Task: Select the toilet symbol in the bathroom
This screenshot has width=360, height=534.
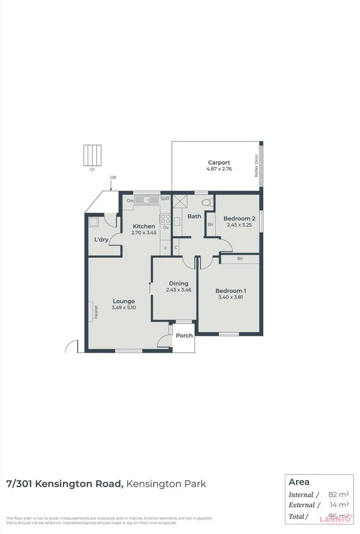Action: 207,203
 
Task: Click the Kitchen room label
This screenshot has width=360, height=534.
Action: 144,226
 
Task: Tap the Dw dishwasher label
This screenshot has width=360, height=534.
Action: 130,201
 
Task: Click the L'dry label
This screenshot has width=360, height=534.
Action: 101,239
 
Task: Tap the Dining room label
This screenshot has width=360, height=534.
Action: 179,284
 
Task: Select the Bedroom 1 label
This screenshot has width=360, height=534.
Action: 232,291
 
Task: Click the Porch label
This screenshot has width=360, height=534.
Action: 184,336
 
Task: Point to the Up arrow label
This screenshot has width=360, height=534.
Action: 113,177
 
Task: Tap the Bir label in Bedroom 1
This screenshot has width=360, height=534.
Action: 240,259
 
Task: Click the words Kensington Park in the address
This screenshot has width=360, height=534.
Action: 166,484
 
